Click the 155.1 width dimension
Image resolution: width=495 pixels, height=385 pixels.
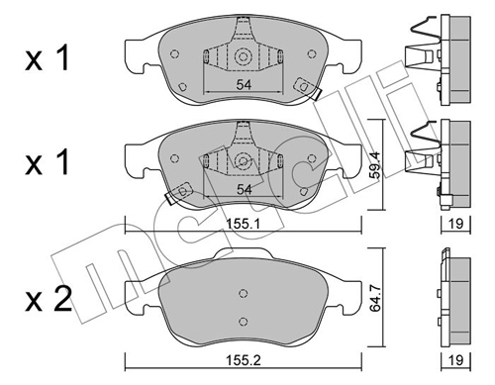[x=244, y=224]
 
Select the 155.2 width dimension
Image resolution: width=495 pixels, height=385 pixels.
[x=244, y=360]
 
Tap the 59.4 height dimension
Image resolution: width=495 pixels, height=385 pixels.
[x=376, y=165]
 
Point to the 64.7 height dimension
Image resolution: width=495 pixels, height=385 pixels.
[x=376, y=298]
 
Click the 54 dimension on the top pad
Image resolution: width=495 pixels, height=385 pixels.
[x=244, y=85]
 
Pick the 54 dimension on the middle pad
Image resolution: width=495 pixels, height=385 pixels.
[x=244, y=189]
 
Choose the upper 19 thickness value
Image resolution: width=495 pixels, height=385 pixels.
[x=456, y=224]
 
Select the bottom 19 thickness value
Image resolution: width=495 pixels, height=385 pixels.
[x=456, y=360]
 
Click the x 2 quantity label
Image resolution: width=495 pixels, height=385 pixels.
[x=49, y=299]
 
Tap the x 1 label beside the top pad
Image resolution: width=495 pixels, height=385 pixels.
[x=48, y=58]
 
